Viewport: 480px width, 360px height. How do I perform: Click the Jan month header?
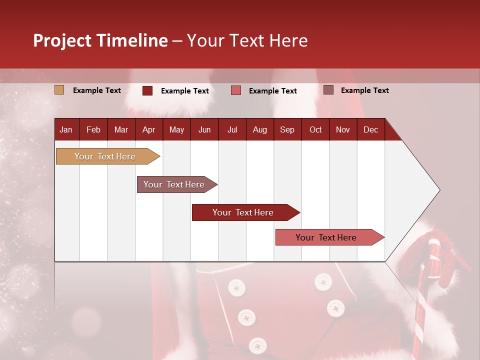[x=66, y=129]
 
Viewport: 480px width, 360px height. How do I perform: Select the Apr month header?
[x=148, y=129]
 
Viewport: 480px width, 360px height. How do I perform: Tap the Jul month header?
[x=232, y=129]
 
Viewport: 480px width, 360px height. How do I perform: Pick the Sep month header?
[x=287, y=129]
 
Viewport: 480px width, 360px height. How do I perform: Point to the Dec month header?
[x=370, y=129]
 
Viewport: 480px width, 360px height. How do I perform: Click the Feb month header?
[x=93, y=129]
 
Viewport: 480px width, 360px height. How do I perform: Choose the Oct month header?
[x=315, y=129]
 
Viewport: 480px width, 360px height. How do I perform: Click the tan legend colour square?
[x=59, y=90]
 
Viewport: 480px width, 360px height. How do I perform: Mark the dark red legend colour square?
[x=147, y=90]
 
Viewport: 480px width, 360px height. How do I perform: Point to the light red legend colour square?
[x=236, y=90]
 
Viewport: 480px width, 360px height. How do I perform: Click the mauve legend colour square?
[x=328, y=90]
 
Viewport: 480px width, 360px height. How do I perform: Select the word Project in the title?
[x=61, y=40]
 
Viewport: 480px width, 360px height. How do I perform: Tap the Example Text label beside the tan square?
[x=97, y=90]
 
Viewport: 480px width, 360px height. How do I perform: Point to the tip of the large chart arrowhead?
[x=439, y=190]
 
